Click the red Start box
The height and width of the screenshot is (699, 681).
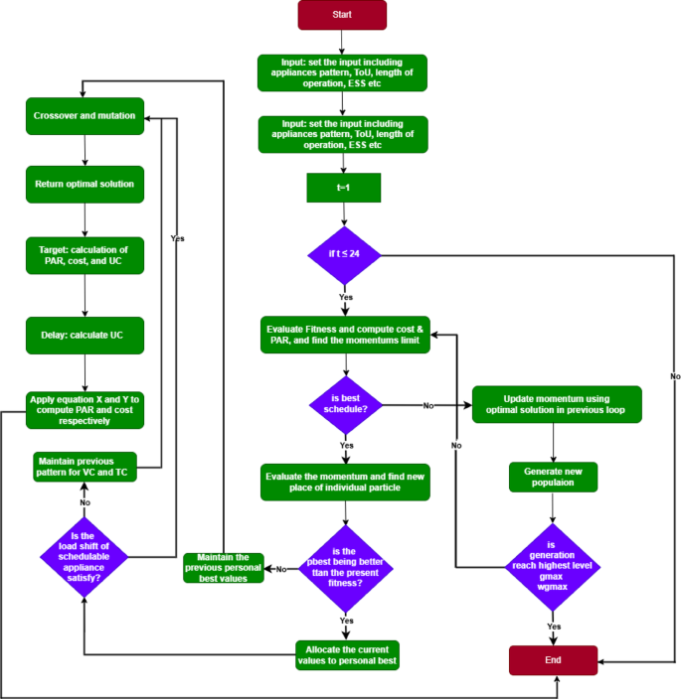pyautogui.click(x=342, y=16)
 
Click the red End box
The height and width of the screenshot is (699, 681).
pyautogui.click(x=554, y=659)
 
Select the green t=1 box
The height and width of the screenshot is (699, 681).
pyautogui.click(x=344, y=187)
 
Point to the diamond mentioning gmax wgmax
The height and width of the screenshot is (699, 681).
pyautogui.click(x=554, y=567)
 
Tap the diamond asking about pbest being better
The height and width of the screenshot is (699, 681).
pyautogui.click(x=345, y=568)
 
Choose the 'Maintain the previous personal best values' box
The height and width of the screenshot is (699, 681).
pyautogui.click(x=224, y=568)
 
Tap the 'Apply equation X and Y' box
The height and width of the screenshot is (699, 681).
pyautogui.click(x=85, y=409)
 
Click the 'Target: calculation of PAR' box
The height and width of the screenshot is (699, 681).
pyautogui.click(x=85, y=255)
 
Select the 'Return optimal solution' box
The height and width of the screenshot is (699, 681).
pyautogui.click(x=85, y=185)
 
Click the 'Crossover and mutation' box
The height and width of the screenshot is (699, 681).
pyautogui.click(x=85, y=115)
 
